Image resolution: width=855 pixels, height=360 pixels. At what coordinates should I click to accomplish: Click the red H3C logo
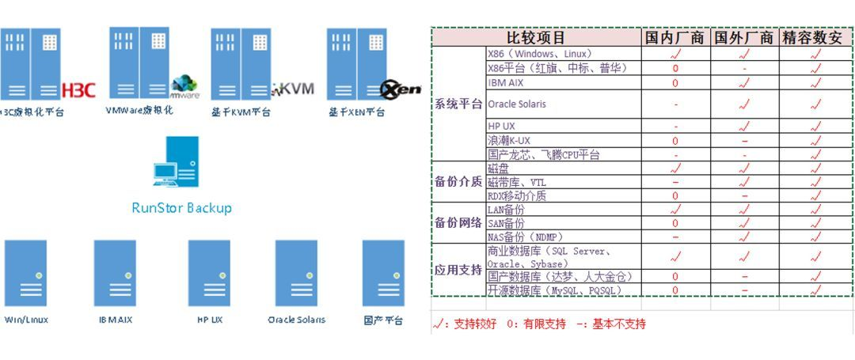[x=78, y=89]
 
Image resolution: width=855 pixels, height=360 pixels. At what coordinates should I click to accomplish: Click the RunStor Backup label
[x=181, y=208]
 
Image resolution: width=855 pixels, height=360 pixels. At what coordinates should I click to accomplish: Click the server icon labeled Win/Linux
[x=25, y=273]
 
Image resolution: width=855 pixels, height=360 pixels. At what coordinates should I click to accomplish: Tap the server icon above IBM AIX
[x=115, y=273]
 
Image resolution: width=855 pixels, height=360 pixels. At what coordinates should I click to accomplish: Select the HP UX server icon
[x=209, y=273]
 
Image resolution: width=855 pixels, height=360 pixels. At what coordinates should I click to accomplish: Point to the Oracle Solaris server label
[x=296, y=320]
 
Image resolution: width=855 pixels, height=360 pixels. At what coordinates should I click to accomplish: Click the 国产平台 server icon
[x=383, y=273]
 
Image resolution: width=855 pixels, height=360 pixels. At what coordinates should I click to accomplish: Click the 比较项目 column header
[x=536, y=37]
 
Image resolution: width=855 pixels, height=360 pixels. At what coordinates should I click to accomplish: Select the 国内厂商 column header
[x=674, y=37]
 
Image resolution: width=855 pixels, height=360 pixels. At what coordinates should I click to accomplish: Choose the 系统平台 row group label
[x=458, y=104]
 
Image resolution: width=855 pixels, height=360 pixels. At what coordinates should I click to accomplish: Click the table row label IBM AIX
[x=506, y=82]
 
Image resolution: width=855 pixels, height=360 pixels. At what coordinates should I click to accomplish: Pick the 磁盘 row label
[x=500, y=169]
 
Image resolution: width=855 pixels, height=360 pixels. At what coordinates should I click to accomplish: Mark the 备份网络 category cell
[x=458, y=222]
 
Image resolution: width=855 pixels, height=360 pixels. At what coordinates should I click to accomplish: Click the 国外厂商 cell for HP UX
[x=744, y=127]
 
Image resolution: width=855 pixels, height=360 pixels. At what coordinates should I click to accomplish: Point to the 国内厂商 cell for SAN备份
[x=675, y=224]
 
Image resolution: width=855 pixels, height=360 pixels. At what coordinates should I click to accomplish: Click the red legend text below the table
[x=539, y=324]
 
